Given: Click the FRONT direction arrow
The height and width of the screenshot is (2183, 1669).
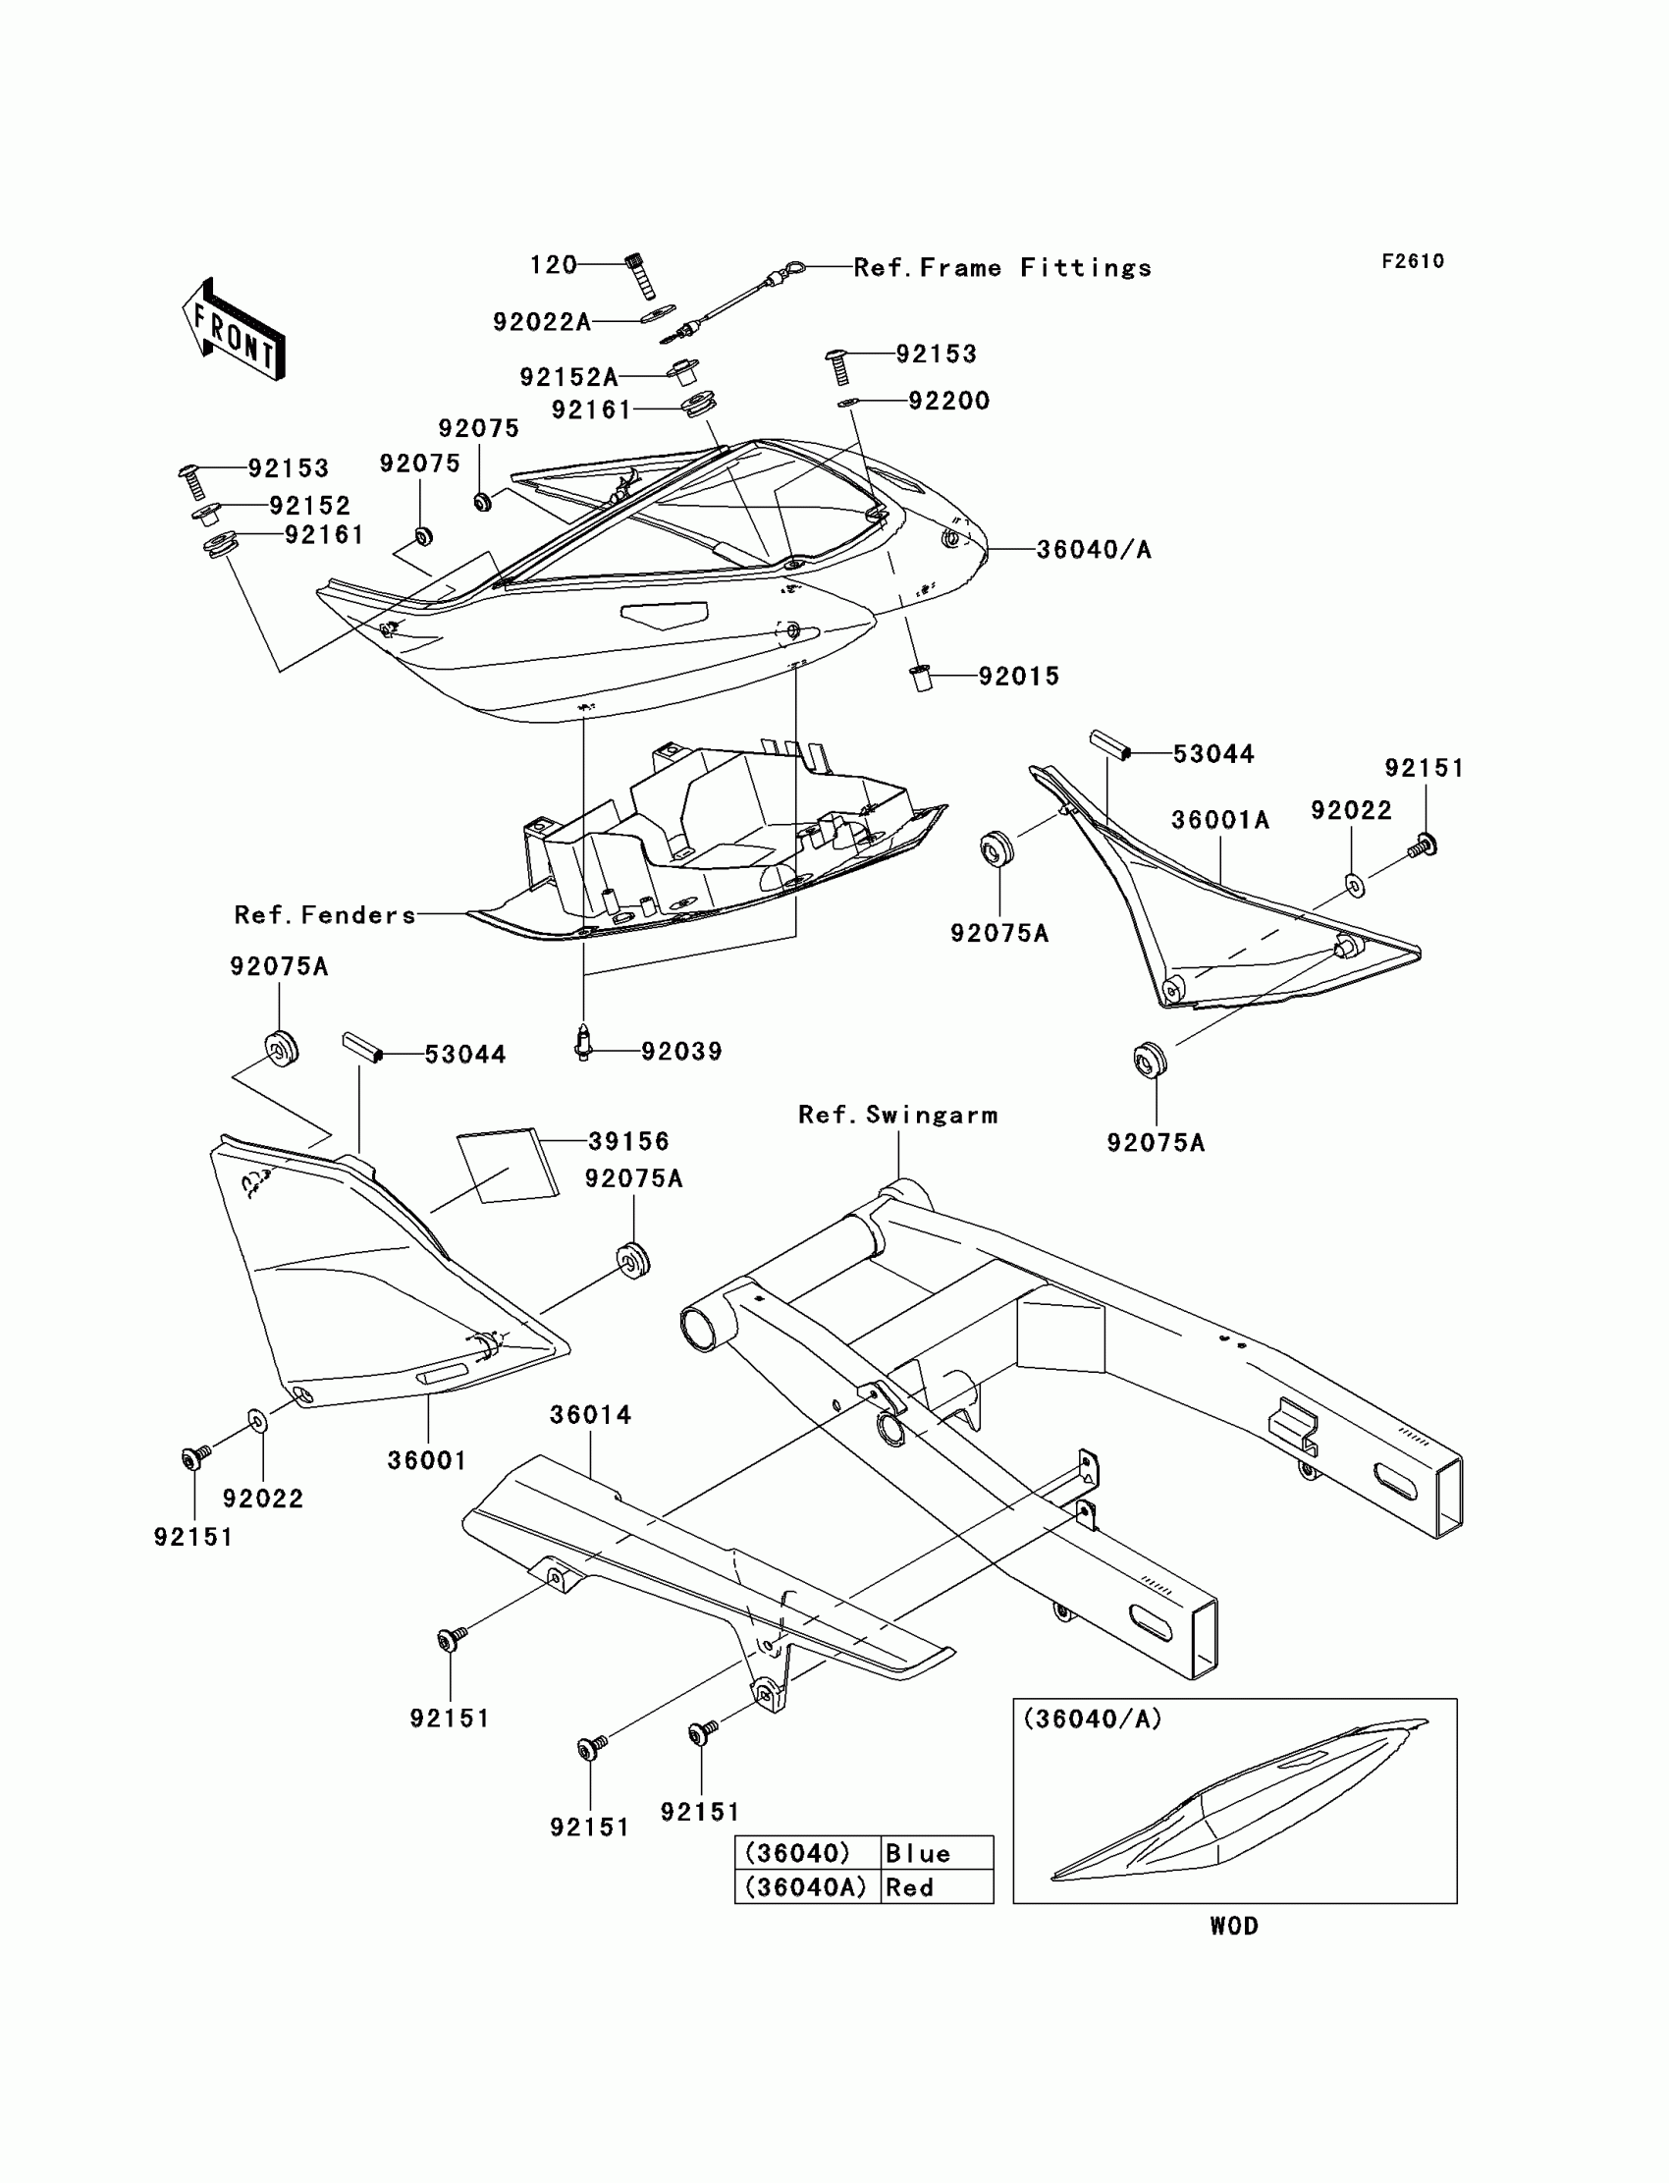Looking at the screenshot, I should tap(235, 330).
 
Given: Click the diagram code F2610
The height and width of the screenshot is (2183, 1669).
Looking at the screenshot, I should tap(1413, 261).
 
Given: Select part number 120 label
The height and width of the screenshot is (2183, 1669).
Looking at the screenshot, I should tap(554, 264).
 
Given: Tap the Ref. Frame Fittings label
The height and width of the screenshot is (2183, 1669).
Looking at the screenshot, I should tap(1002, 267).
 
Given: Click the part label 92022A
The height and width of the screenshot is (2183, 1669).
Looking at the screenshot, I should tap(541, 322).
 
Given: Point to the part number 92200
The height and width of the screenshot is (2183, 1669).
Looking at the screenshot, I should tap(948, 401).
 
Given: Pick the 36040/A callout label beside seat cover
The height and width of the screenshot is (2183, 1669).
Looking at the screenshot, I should tap(1094, 550).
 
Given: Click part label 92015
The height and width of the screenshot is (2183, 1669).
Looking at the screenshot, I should tap(1018, 676).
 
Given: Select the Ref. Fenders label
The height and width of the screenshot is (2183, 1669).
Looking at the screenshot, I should tap(325, 915).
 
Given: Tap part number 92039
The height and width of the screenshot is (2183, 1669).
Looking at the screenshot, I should tap(681, 1052).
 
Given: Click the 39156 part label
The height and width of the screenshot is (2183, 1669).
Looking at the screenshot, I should tap(629, 1141).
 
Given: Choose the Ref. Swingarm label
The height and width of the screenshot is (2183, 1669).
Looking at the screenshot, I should tap(898, 1115).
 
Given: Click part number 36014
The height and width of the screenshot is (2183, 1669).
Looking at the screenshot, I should tap(591, 1414).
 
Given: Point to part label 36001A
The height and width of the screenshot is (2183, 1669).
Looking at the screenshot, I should tap(1220, 820).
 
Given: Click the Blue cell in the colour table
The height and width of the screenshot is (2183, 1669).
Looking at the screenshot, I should tap(918, 1853).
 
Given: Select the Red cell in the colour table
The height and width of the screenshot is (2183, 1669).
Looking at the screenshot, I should tap(910, 1886).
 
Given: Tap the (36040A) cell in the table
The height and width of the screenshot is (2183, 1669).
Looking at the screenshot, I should tap(806, 1886).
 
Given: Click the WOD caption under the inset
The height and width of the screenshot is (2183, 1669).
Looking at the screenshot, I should tap(1234, 1926).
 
